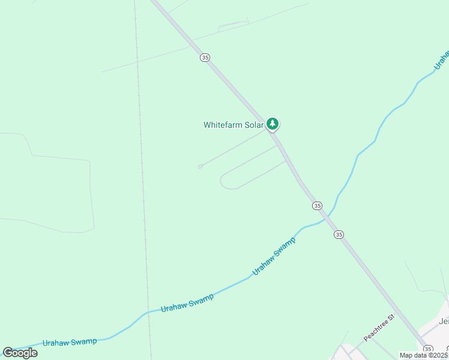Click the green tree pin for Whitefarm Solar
click(273, 124)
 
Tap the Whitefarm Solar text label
click(234, 125)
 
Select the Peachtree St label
click(378, 327)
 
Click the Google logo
click(20, 353)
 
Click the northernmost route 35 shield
click(205, 57)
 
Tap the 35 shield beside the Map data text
click(427, 349)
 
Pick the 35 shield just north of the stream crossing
click(317, 205)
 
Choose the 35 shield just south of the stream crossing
click(339, 234)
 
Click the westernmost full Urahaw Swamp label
click(70, 342)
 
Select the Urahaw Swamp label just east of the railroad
click(187, 303)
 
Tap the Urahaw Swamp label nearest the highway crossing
click(274, 256)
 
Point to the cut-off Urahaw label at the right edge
click(442, 59)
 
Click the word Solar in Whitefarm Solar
click(253, 125)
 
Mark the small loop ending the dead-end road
click(200, 167)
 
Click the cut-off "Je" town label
click(444, 321)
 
